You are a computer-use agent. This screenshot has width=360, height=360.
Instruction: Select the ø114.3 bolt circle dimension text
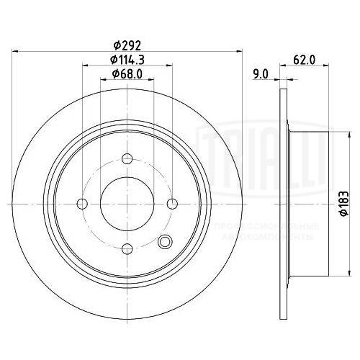(x=127, y=59)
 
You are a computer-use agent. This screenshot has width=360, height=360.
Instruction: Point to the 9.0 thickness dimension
(x=261, y=73)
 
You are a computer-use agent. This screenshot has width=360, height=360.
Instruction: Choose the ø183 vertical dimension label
(x=343, y=206)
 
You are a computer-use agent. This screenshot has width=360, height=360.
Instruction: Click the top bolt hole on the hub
(x=127, y=160)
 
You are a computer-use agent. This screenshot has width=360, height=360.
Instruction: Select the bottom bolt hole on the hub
(x=127, y=249)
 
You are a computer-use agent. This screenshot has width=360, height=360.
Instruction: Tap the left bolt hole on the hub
(x=83, y=204)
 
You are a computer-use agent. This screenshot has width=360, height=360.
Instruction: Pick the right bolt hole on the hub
(x=172, y=204)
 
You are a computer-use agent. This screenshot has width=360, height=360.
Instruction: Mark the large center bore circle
(x=127, y=204)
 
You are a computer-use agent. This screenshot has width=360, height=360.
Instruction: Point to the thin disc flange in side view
(x=282, y=204)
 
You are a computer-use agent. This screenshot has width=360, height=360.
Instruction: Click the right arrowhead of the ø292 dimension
(x=238, y=51)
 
